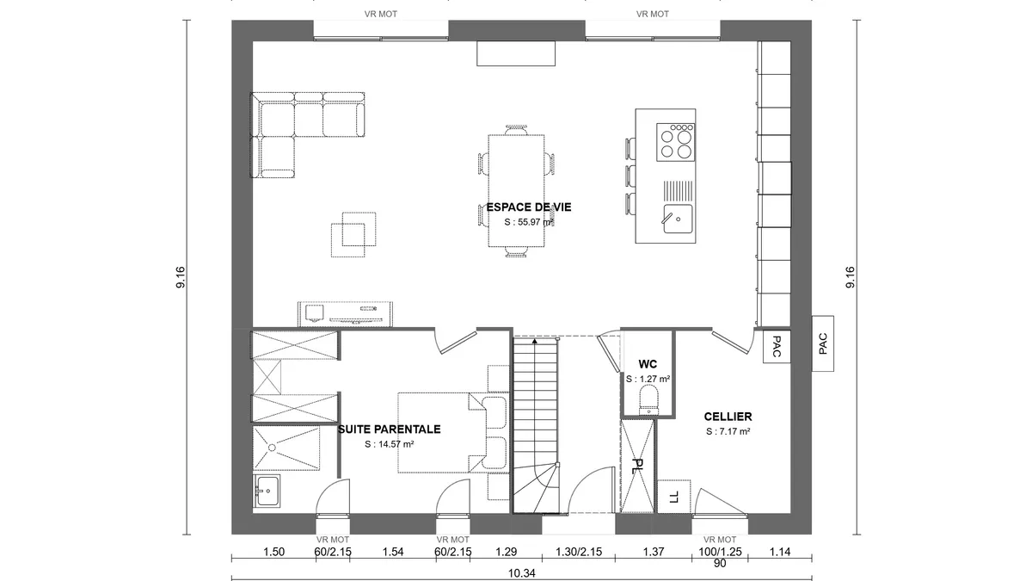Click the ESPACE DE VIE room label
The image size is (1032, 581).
pos(529,207)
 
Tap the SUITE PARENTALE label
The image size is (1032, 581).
pos(390,430)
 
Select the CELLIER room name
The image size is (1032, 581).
pos(728,417)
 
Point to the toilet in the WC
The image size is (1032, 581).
pos(648,399)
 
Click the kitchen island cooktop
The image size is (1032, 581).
pos(675,142)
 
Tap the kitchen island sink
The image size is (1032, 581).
pos(678,219)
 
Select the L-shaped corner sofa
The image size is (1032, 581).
pos(307,134)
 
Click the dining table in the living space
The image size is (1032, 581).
pos(516,191)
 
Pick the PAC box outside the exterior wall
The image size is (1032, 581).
pos(823,343)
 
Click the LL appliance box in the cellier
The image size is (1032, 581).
pos(673,497)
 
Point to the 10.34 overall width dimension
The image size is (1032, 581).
pos(521,573)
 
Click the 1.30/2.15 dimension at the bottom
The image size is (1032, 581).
pos(579,552)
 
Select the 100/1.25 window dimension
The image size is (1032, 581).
pos(719,552)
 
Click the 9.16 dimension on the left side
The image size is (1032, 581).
pos(180,277)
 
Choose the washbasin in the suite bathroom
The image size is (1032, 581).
pos(267,491)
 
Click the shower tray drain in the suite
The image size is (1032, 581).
pos(273,448)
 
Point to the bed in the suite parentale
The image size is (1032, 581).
pos(453,433)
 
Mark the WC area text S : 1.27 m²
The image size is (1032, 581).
pos(648,379)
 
